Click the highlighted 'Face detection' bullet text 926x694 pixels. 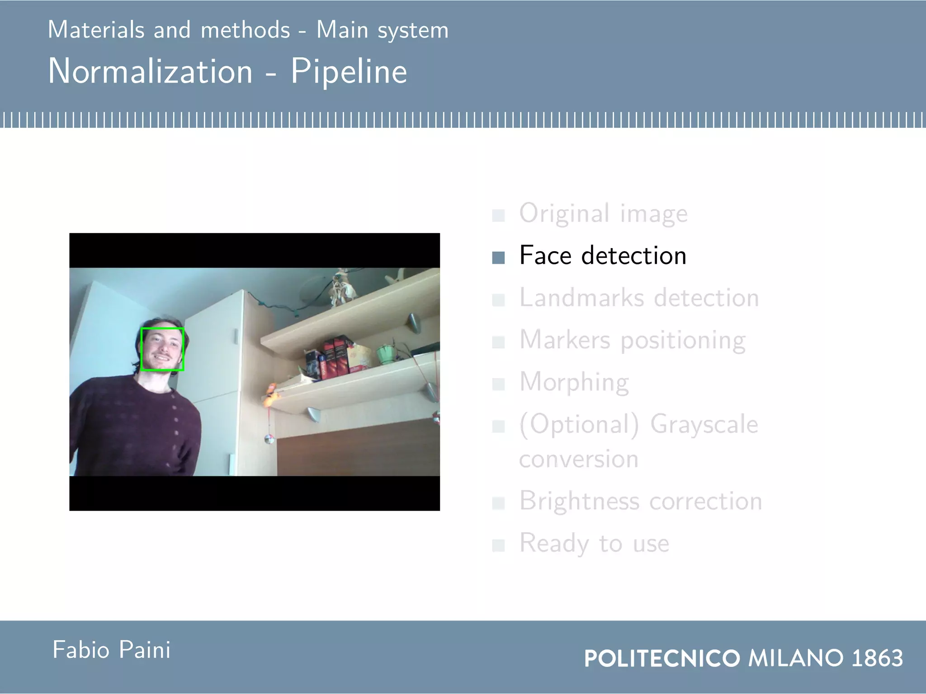tap(603, 256)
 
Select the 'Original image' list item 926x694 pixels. tap(603, 214)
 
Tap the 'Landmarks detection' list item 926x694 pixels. tap(639, 298)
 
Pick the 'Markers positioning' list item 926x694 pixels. tap(632, 340)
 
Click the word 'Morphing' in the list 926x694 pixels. tap(574, 382)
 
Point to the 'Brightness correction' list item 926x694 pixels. tap(640, 501)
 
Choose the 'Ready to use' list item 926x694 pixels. tap(594, 543)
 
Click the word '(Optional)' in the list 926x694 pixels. tap(579, 425)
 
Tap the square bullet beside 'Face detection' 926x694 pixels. tap(498, 258)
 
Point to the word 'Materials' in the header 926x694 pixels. tap(96, 30)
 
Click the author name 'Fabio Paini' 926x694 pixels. tap(111, 650)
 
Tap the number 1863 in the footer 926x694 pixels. tap(877, 658)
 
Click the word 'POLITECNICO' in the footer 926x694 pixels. tap(662, 658)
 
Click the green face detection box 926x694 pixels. tap(162, 349)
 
